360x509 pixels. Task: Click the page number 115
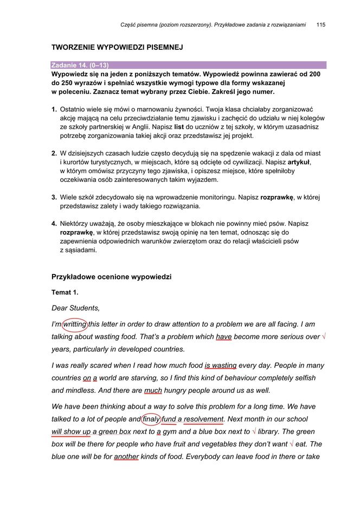[x=320, y=24]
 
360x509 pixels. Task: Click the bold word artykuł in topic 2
[x=299, y=162]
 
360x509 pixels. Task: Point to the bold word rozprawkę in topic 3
[x=277, y=197]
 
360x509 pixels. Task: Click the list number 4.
[x=54, y=224]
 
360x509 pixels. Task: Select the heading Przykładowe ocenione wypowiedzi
[x=111, y=277]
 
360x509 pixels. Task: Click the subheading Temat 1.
[x=65, y=292]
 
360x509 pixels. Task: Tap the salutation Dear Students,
[x=75, y=308]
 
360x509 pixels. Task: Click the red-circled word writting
[x=74, y=324]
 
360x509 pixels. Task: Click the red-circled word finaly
[x=151, y=419]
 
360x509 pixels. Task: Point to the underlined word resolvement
[x=203, y=419]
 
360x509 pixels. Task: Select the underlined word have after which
[x=223, y=336]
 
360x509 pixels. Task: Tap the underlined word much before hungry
[x=153, y=390]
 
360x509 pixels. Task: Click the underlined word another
[x=126, y=456]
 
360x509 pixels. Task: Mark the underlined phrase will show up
[x=70, y=431]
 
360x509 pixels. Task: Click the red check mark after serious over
[x=324, y=336]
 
